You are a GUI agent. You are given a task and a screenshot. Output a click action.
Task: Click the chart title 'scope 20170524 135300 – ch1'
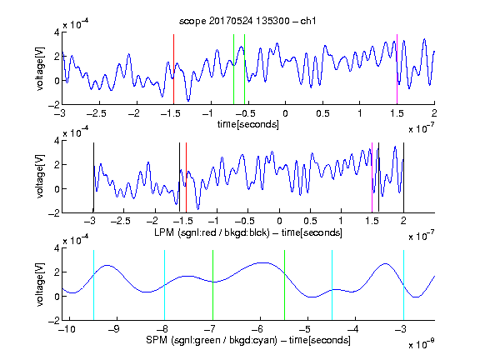(247, 21)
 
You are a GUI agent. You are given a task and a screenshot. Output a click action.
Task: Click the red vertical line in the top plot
(173, 69)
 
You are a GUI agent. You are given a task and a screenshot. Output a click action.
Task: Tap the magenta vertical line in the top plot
(397, 69)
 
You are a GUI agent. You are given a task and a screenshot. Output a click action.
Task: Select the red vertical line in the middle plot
(186, 177)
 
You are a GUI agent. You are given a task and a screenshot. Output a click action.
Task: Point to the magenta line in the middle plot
(372, 177)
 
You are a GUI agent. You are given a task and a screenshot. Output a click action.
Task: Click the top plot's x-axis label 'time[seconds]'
(248, 124)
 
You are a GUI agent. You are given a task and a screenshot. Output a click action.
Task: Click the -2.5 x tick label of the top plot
(97, 114)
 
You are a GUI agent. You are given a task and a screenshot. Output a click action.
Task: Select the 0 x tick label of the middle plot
(279, 221)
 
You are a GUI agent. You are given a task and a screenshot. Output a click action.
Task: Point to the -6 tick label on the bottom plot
(257, 329)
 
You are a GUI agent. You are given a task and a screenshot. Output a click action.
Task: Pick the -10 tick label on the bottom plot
(67, 329)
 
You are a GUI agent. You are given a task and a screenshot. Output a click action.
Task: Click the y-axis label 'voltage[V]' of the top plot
(40, 68)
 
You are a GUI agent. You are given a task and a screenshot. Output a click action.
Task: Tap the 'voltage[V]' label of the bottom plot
(40, 284)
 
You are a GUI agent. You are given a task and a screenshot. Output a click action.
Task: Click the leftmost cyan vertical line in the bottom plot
(93, 285)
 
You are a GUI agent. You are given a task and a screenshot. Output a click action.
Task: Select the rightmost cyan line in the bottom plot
(403, 285)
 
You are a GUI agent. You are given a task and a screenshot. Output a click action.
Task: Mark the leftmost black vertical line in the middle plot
(93, 177)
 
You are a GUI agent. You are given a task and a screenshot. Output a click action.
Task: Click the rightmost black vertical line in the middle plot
(403, 177)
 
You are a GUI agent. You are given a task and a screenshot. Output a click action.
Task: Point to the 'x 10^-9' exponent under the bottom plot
(421, 344)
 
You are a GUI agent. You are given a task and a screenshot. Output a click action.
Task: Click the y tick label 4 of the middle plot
(57, 141)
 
